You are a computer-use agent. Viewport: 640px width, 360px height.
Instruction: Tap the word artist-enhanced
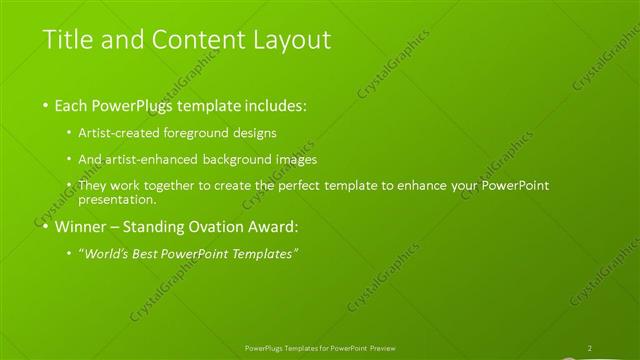coord(157,159)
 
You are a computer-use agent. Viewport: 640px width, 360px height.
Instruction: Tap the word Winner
coord(77,226)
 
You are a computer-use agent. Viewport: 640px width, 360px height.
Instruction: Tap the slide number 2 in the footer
coord(590,348)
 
